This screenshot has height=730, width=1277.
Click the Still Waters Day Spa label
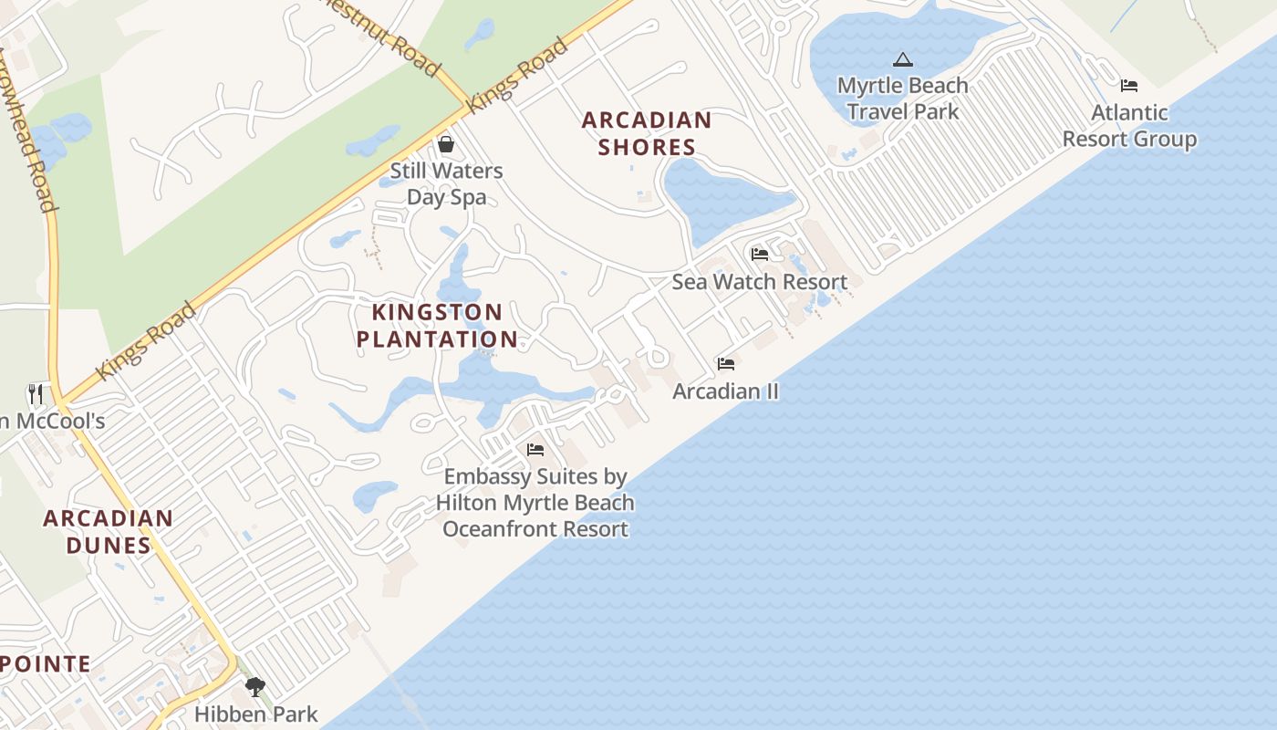446,183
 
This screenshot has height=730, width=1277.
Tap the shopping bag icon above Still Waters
446,144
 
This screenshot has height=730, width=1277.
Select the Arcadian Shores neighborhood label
646,133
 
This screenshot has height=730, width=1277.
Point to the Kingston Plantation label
437,326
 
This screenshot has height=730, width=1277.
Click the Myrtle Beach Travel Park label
902,99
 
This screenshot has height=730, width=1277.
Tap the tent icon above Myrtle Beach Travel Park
903,60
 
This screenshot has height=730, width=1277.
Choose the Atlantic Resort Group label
1129,126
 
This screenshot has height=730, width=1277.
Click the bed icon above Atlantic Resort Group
1129,86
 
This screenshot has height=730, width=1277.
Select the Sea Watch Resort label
760,282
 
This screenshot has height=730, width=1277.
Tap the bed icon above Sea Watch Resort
760,254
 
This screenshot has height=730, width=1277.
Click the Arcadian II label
726,391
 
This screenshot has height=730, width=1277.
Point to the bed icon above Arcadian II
726,363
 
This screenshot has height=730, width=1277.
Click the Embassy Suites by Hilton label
535,503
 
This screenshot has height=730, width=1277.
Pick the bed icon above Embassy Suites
535,450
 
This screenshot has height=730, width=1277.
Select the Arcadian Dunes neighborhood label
108,532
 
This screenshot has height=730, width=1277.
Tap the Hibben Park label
256,714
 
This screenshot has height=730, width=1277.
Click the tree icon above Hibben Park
255,686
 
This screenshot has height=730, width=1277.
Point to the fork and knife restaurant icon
36,394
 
